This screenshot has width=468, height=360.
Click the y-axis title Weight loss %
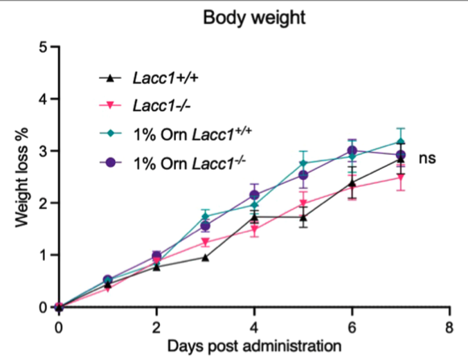click(23, 177)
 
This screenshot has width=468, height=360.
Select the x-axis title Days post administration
click(255, 344)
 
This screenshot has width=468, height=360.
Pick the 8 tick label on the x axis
click(449, 325)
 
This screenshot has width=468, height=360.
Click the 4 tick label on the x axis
click(255, 325)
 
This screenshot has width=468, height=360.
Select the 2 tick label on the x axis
click(156, 325)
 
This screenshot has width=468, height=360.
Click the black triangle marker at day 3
click(206, 258)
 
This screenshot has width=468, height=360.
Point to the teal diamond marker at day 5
click(303, 163)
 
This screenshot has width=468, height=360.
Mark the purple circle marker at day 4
click(255, 195)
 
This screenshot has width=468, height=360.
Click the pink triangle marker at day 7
click(401, 178)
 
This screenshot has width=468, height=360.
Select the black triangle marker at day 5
click(303, 217)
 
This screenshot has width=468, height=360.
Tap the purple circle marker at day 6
click(352, 151)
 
